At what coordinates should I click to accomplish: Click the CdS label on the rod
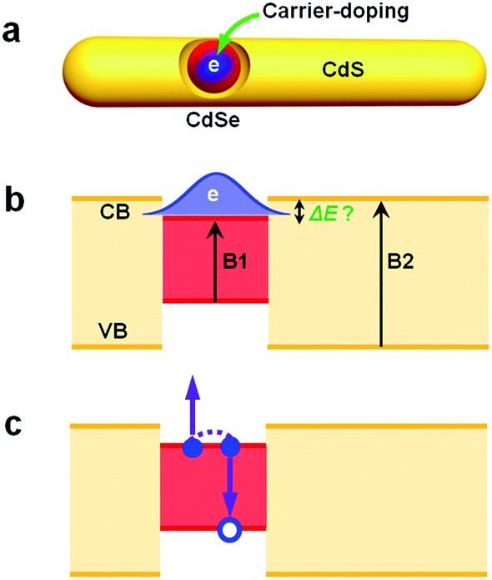click(x=344, y=73)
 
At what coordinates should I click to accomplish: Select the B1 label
click(x=243, y=260)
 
